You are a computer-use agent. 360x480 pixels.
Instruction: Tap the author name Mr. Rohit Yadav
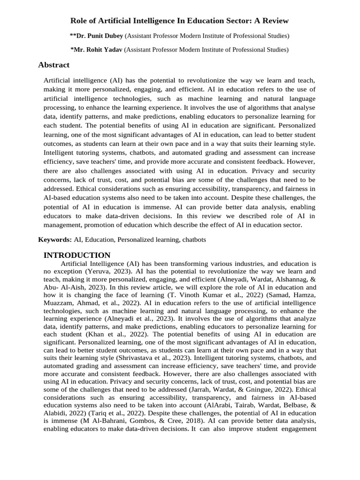(x=97, y=49)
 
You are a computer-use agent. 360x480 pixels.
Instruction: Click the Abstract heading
(x=53, y=65)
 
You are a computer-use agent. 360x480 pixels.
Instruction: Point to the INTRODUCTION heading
(x=77, y=255)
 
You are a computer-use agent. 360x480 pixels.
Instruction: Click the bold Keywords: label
(x=55, y=240)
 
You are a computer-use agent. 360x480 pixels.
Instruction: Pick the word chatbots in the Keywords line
(x=194, y=240)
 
